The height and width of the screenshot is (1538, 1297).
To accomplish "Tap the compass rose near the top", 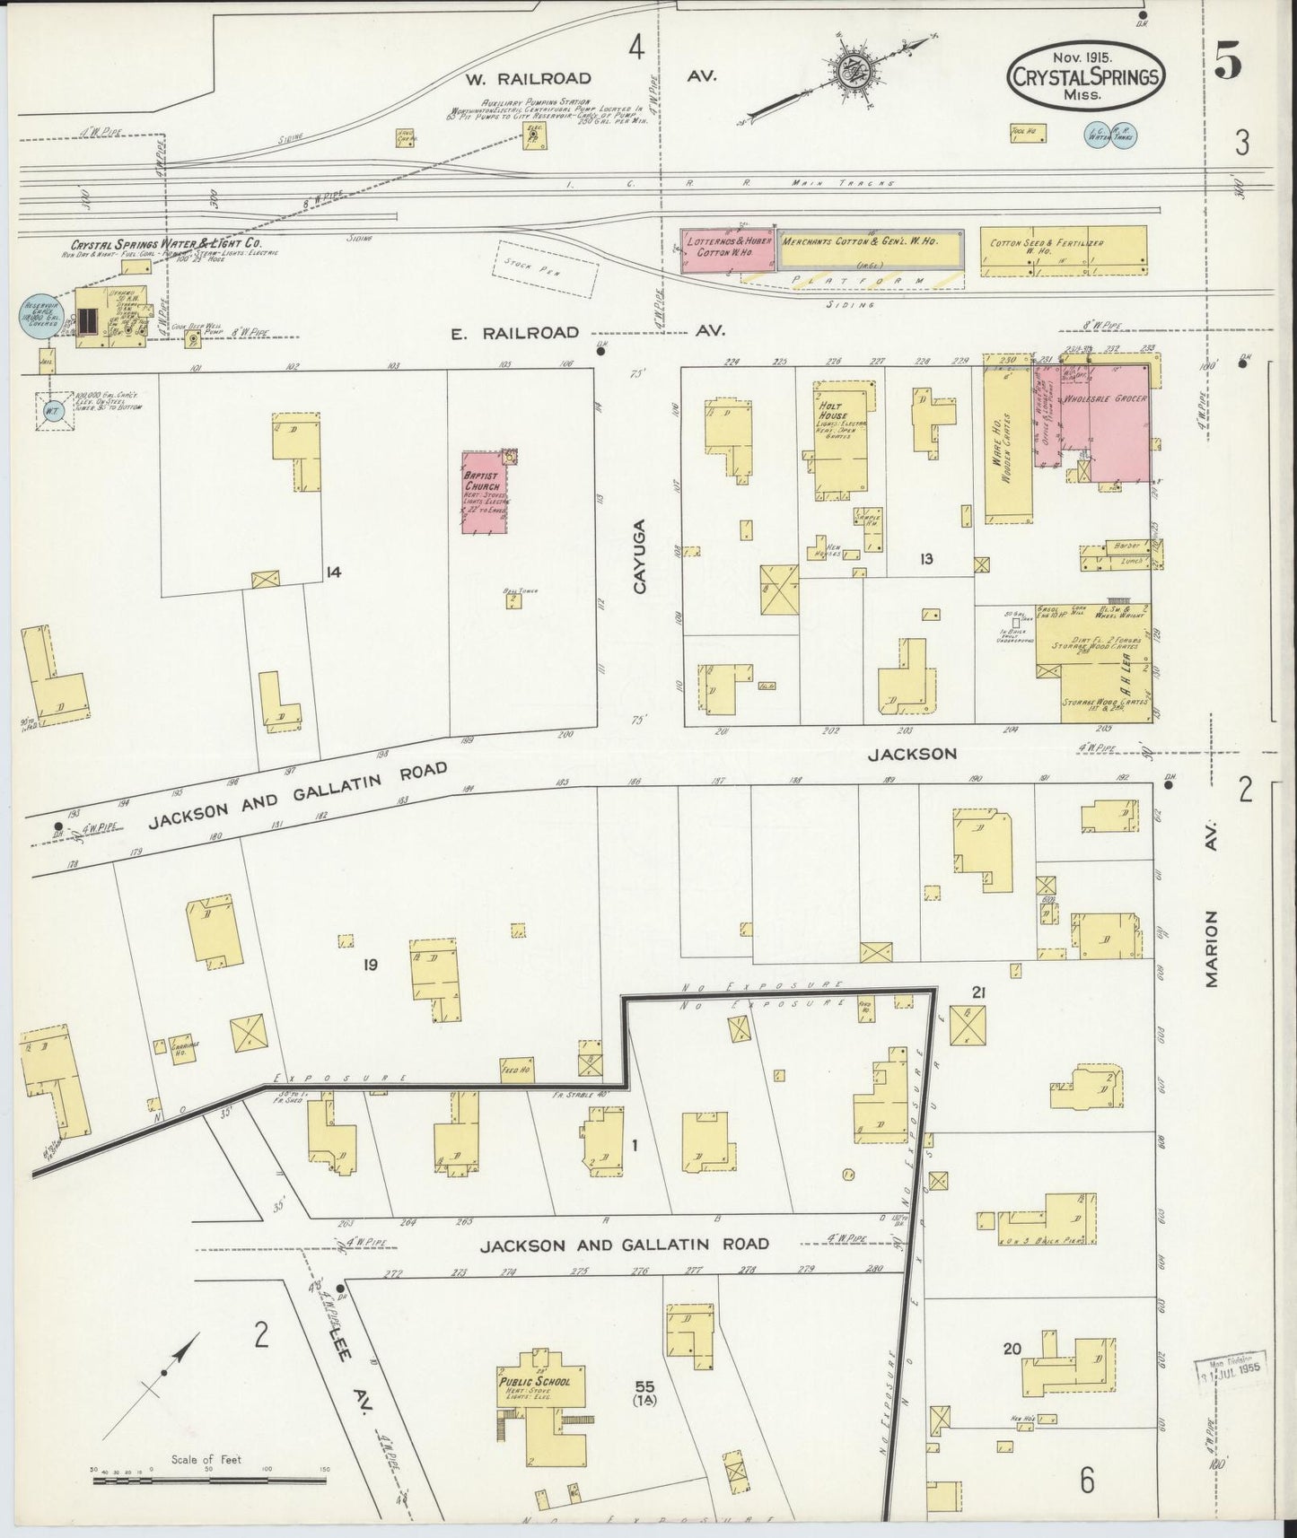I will click(845, 72).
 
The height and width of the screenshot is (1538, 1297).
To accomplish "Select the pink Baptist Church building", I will click(485, 494).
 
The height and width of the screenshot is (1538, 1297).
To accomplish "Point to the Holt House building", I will click(841, 440).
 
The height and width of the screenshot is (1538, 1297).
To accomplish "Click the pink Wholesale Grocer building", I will click(1106, 413).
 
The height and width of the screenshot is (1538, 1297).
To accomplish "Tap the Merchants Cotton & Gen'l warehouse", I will click(869, 249).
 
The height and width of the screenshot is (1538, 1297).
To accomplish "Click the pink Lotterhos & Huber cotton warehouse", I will click(729, 249).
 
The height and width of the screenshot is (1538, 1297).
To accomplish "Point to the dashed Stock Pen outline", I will click(548, 270).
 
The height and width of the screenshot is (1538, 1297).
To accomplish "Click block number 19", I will click(370, 965).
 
